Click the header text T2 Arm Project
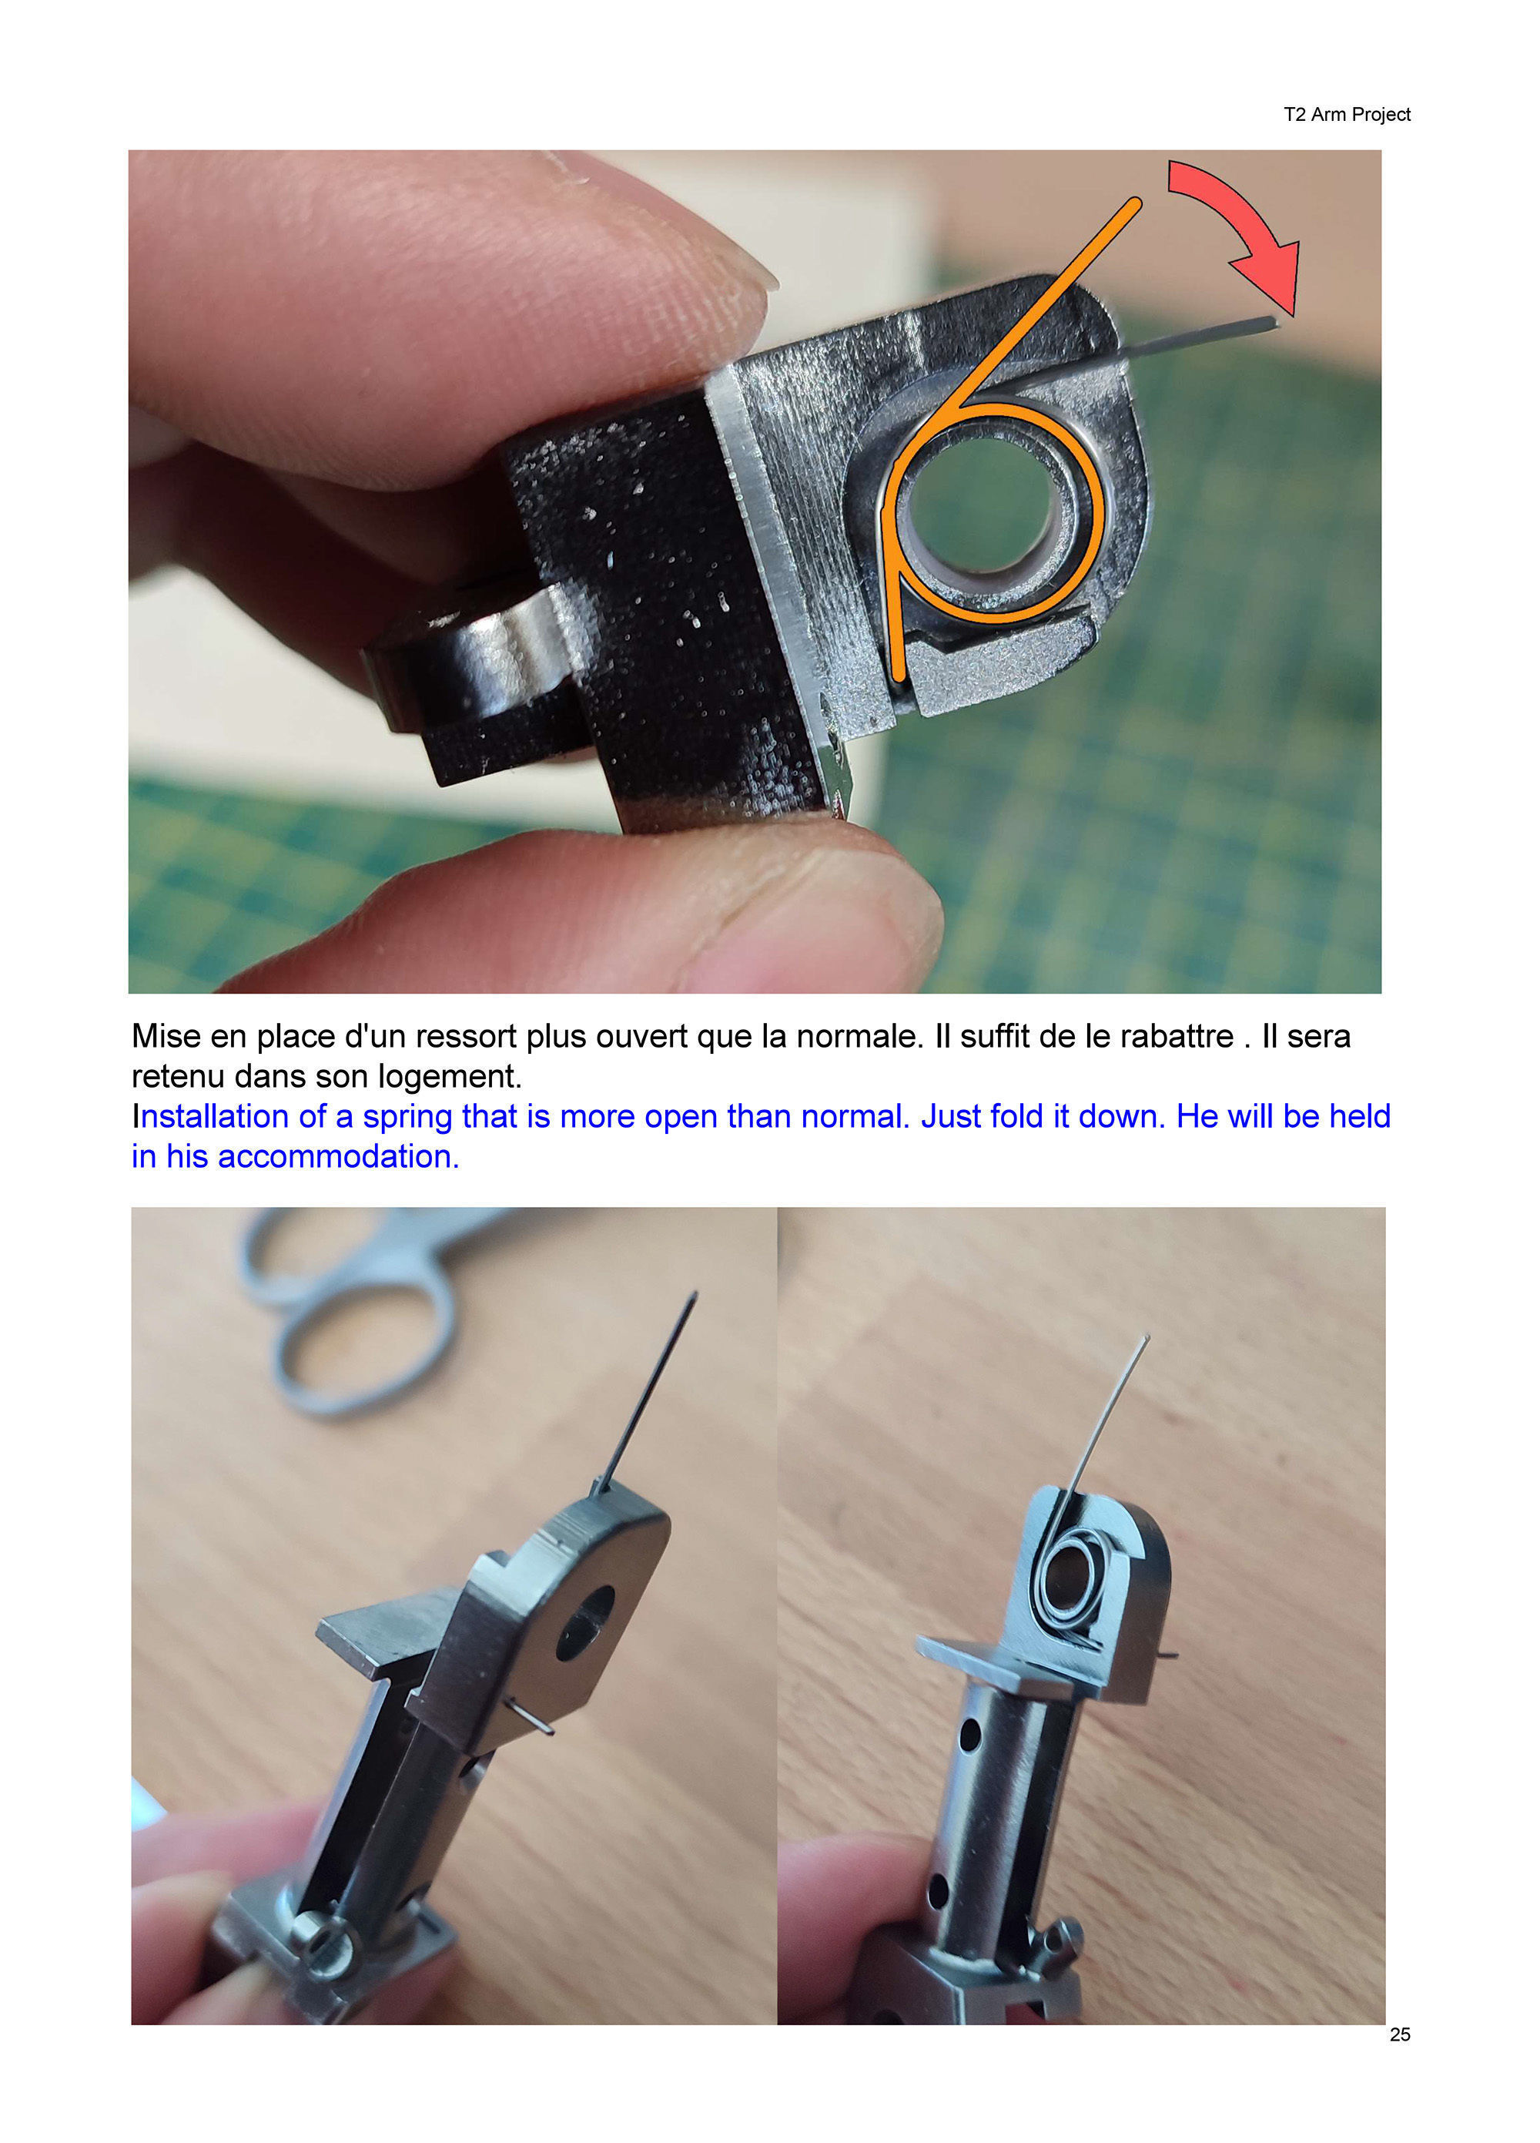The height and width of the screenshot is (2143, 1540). [x=1345, y=114]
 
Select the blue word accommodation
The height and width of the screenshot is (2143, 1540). [x=337, y=1156]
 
